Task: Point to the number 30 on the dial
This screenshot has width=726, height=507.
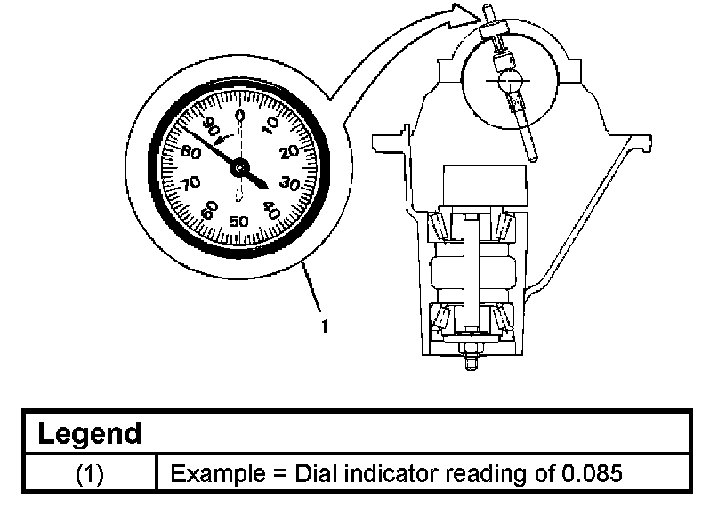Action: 288,184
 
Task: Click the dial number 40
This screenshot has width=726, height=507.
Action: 271,211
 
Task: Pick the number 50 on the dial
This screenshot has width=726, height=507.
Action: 239,221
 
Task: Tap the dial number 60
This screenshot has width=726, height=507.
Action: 209,210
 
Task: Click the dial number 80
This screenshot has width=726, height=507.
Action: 190,151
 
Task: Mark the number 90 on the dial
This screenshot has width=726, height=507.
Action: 211,125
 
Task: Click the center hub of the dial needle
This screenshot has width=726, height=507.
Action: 240,166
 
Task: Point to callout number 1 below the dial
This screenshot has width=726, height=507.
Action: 325,326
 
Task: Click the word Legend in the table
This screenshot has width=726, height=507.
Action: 89,434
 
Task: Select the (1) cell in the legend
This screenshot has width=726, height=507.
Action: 88,473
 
